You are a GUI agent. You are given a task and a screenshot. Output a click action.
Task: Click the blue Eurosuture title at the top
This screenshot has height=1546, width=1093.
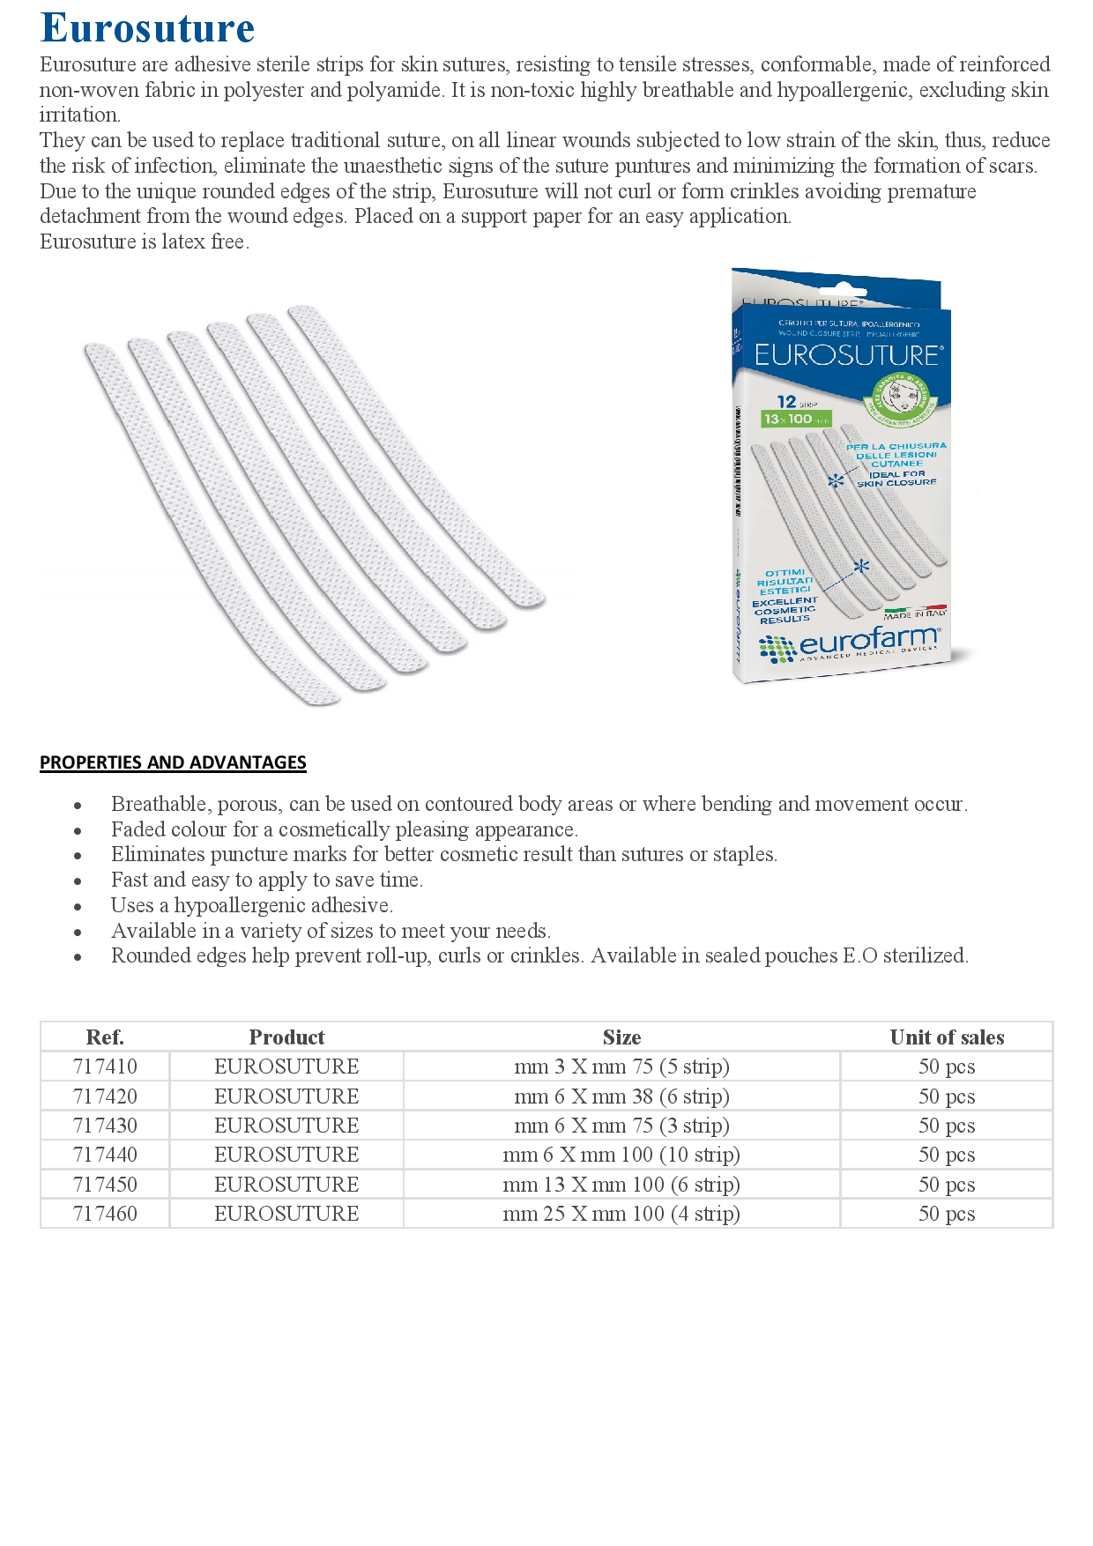[147, 28]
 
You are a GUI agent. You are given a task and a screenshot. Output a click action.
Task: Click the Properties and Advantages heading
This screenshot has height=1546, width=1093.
[173, 762]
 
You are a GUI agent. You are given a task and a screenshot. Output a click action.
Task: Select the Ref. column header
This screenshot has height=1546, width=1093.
[105, 1037]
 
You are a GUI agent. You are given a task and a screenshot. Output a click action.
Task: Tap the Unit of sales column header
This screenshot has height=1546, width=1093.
[947, 1037]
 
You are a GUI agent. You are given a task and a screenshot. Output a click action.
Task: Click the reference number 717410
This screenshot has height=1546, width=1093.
[105, 1067]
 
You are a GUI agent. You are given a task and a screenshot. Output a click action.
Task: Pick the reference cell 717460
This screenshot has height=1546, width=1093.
[105, 1214]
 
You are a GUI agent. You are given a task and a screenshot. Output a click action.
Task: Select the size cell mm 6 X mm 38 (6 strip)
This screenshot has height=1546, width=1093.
[621, 1096]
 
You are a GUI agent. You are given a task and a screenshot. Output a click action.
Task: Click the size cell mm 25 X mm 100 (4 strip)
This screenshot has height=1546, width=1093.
[621, 1214]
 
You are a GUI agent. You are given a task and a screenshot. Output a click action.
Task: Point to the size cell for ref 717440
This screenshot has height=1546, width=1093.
[621, 1155]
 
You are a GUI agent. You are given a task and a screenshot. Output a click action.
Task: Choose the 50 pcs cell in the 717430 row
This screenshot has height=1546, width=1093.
[947, 1126]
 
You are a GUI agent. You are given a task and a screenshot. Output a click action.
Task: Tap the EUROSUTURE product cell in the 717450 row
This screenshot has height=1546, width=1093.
[286, 1185]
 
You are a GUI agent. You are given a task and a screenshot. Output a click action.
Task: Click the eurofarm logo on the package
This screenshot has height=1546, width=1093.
[851, 644]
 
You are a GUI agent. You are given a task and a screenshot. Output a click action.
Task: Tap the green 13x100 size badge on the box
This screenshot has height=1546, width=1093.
[796, 419]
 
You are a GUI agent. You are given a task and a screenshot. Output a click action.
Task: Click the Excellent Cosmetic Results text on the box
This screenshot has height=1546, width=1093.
[784, 610]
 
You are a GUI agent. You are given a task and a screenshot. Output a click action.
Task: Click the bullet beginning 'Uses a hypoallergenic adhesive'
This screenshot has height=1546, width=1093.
[252, 905]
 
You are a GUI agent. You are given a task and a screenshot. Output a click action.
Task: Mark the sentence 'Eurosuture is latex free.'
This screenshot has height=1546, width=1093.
[145, 242]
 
